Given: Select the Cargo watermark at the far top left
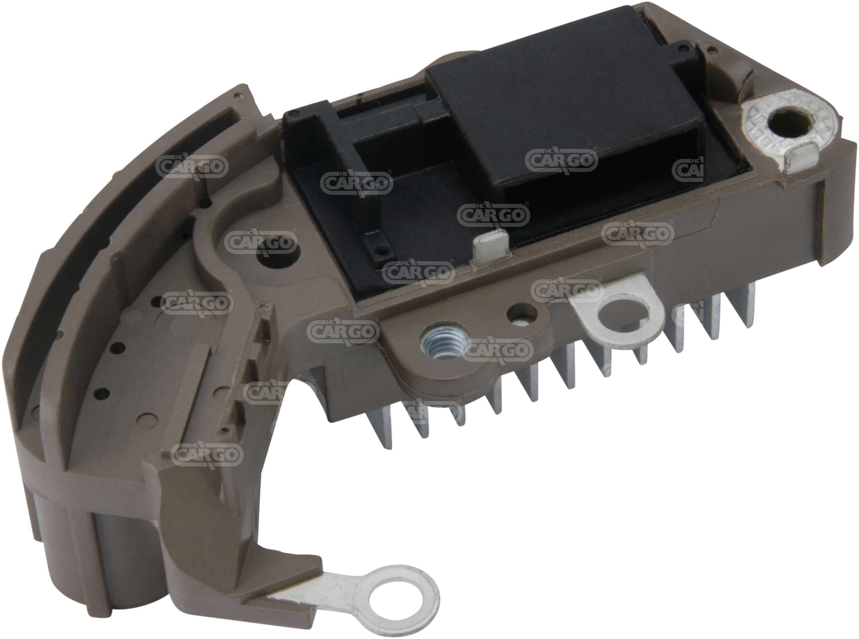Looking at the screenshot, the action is [x=192, y=166].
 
